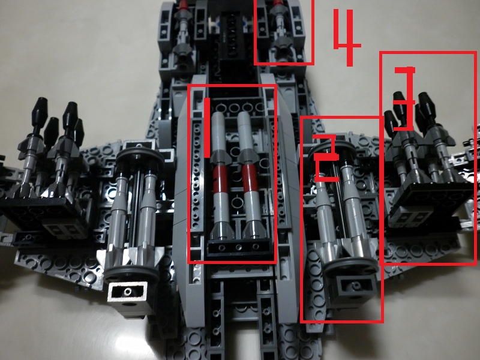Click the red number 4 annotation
tap(347, 37)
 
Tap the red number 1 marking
tap(207, 128)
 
